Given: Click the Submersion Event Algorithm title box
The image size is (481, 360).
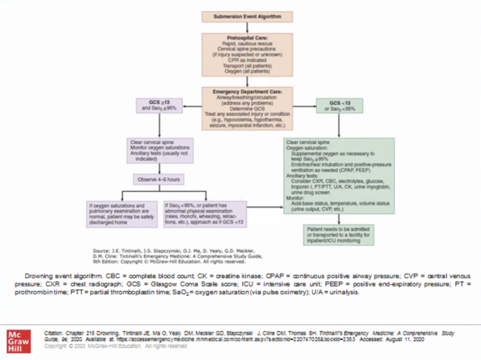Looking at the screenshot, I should [x=240, y=17].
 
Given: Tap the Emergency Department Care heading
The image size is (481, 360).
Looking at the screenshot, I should [x=240, y=91].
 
